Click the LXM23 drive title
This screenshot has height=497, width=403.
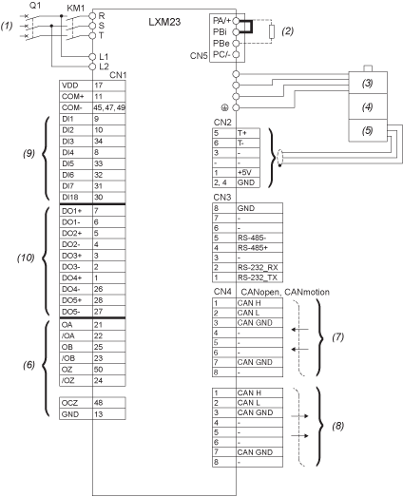pos(164,22)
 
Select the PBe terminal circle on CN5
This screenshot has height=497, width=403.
pos(236,43)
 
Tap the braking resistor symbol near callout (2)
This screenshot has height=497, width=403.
pos(272,32)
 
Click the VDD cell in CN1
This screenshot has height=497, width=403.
pos(76,86)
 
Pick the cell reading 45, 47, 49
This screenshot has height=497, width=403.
pos(109,107)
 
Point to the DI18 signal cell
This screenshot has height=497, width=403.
pos(76,197)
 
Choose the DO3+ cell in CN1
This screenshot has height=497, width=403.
pos(76,256)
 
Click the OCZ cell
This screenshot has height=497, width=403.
pos(76,403)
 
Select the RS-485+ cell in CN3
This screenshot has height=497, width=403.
pos(259,247)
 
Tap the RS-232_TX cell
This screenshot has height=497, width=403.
pos(259,277)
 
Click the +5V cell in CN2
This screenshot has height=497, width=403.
pos(248,173)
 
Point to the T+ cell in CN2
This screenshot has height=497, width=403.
pos(248,133)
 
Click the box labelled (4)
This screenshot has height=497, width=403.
pos(368,106)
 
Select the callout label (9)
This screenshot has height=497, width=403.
pos(29,153)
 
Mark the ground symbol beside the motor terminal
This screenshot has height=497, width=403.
pos(224,107)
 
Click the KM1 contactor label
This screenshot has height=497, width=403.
pos(75,9)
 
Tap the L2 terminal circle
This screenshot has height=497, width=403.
pos(92,67)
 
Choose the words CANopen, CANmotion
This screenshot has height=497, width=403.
pos(285,292)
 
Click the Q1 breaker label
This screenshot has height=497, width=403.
pos(34,6)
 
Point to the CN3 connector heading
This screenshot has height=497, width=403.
pos(222,197)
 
